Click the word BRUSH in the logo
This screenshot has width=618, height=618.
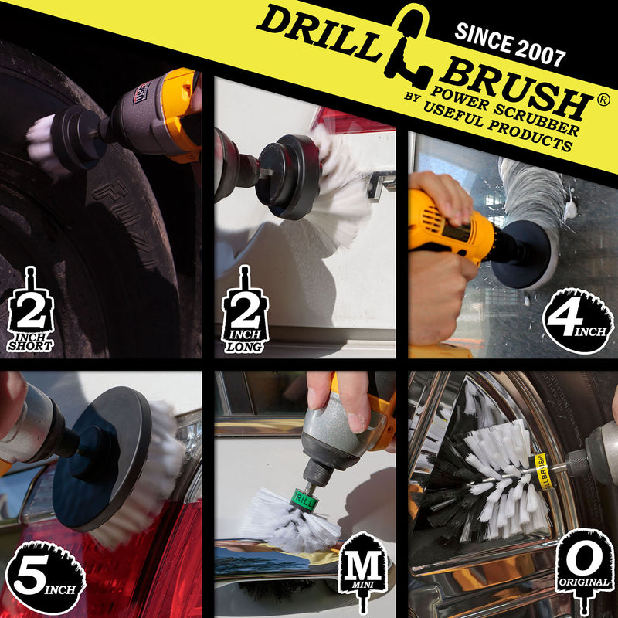(514, 87)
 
